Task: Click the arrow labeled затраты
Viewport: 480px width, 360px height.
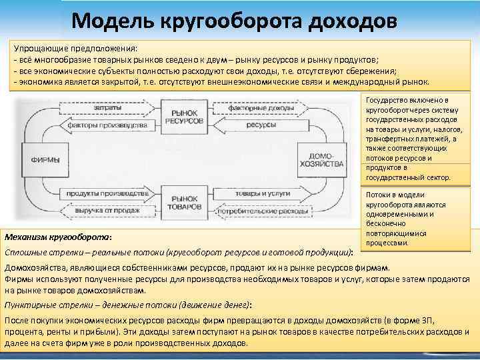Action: point(107,107)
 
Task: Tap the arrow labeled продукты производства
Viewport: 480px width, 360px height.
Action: point(107,193)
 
